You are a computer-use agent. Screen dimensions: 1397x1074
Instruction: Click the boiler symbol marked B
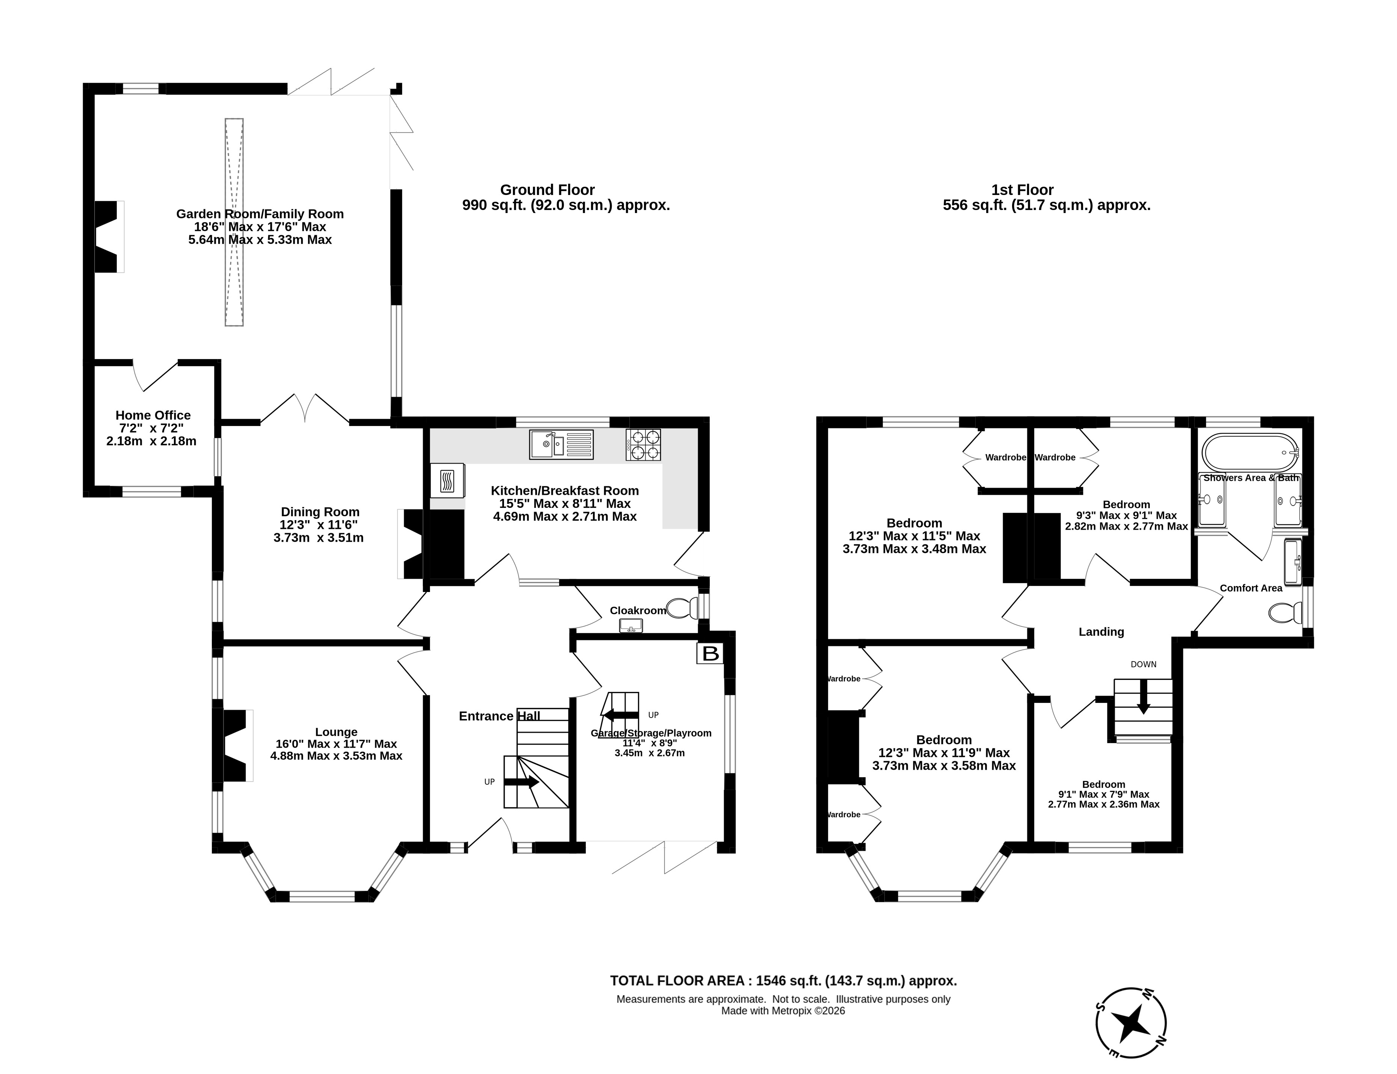pos(711,653)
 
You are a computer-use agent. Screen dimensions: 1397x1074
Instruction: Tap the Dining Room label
pos(320,512)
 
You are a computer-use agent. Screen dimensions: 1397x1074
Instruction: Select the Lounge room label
pos(336,732)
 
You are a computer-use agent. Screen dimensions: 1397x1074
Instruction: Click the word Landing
pos(1101,631)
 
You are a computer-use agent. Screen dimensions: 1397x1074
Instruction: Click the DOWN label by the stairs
pos(1143,664)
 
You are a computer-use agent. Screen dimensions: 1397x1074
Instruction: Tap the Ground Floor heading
pos(547,190)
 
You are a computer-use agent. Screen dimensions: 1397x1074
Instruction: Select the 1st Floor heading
pos(1023,190)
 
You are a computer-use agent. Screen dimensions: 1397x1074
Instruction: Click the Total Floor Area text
pos(783,981)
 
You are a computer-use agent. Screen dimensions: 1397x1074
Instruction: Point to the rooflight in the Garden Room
pos(234,222)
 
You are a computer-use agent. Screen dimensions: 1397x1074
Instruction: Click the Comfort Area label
pos(1251,588)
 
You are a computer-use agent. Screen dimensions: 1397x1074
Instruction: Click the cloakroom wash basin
pos(631,626)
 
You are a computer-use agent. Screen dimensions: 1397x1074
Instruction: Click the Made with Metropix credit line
pos(783,1011)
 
